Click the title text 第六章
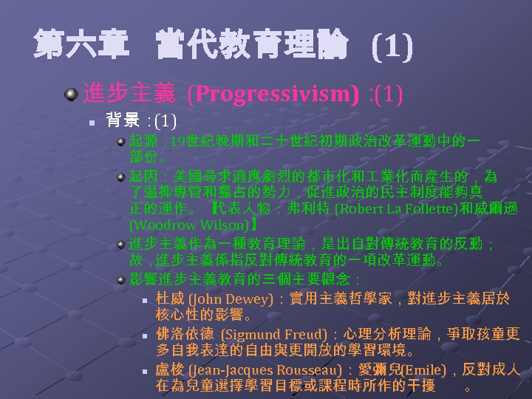pos(81,46)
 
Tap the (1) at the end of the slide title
pos(391,48)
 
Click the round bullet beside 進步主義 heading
pos(71,95)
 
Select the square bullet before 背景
pos(89,120)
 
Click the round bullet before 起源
pos(120,140)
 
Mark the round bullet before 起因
pos(120,177)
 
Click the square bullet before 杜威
pos(146,300)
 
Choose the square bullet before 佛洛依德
pos(146,335)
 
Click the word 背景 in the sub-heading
pos(123,120)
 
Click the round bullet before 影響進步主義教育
pos(120,279)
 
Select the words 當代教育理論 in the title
pos(252,46)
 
